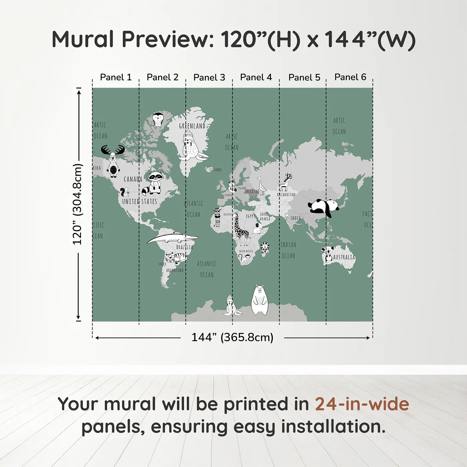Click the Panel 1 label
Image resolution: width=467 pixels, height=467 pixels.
(x=116, y=77)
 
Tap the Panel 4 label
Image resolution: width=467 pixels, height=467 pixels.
(x=256, y=77)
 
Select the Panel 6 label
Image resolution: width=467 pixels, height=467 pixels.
(x=350, y=77)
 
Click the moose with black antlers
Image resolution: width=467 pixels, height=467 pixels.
(x=113, y=160)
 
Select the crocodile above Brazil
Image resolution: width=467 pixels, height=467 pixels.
(x=172, y=238)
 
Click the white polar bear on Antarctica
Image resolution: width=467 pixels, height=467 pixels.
(x=259, y=300)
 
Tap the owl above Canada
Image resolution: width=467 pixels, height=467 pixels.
(x=158, y=120)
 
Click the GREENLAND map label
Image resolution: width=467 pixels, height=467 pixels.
(x=192, y=126)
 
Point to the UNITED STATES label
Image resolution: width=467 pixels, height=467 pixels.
(x=139, y=201)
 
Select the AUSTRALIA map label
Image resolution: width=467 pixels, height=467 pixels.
(x=344, y=257)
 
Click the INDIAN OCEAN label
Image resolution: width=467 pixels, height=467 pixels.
(x=288, y=250)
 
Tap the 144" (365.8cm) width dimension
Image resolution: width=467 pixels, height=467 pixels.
(x=232, y=337)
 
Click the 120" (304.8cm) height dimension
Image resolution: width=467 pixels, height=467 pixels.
(x=77, y=204)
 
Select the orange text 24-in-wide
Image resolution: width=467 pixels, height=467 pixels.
(x=362, y=404)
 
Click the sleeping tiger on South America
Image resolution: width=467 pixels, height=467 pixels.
(x=175, y=258)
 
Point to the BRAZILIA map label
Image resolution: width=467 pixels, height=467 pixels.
(x=184, y=247)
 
